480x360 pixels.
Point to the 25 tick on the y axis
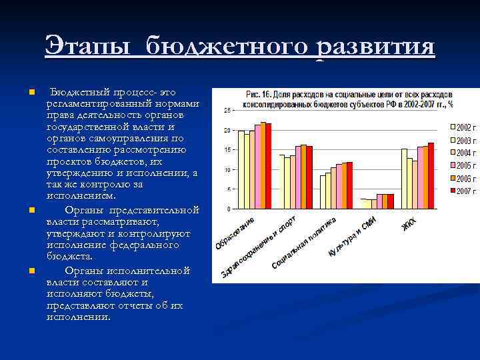coord(227,110)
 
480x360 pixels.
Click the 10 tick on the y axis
coord(227,170)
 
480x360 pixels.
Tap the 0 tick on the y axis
coord(229,209)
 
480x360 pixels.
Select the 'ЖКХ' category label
coord(409,225)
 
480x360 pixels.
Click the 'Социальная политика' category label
coord(303,244)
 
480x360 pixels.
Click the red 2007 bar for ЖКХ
coord(431,176)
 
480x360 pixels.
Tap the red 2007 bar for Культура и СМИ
coord(391,201)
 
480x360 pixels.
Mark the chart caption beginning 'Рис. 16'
coord(349,99)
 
